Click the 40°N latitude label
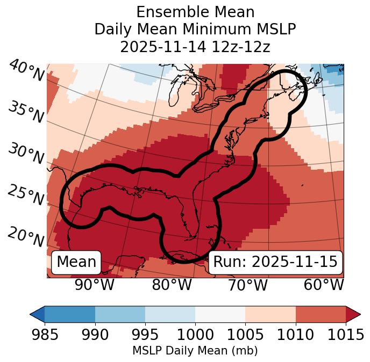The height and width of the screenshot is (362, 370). click(26, 71)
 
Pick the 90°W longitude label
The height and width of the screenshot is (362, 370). click(94, 285)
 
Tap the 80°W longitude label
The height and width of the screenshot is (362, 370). click(172, 285)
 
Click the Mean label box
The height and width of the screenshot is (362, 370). click(76, 262)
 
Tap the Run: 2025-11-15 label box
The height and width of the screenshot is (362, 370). click(275, 262)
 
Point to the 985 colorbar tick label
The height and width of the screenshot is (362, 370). click(45, 335)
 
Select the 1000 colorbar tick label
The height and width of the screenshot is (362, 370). click(195, 335)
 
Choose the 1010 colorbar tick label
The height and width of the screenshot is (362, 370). click(295, 335)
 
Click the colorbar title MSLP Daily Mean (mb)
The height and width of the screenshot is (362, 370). click(195, 351)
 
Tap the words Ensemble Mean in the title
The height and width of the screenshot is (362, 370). click(195, 12)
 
